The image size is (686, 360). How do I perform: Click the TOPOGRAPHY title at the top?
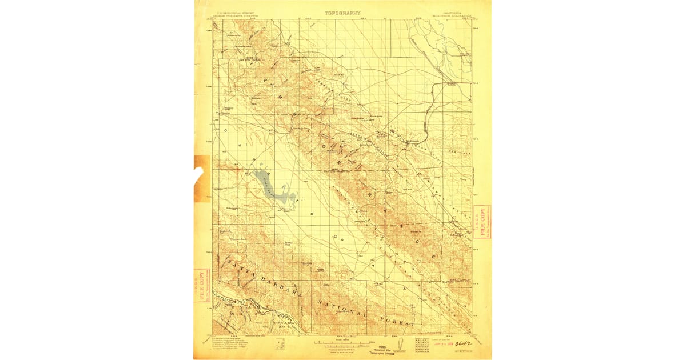click(342, 13)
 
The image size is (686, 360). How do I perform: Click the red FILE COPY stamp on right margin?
click(481, 222)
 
